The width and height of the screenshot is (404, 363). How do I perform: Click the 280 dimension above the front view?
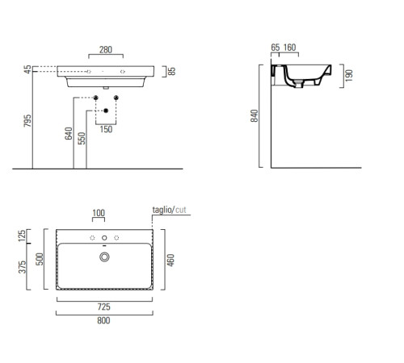click(x=106, y=50)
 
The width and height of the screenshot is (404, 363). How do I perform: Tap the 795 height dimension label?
click(x=27, y=121)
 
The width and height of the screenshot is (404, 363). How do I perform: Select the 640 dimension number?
click(x=69, y=133)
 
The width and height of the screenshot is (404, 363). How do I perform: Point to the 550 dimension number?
click(x=82, y=139)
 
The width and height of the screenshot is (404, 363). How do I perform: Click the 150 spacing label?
click(x=106, y=129)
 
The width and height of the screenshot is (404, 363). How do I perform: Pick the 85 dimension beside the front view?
click(x=171, y=71)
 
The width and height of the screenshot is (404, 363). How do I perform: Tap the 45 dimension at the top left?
click(x=27, y=69)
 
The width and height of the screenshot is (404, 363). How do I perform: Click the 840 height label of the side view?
click(x=255, y=116)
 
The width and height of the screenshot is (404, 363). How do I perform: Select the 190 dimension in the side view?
click(x=348, y=76)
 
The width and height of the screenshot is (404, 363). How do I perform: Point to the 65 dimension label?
click(x=276, y=48)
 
